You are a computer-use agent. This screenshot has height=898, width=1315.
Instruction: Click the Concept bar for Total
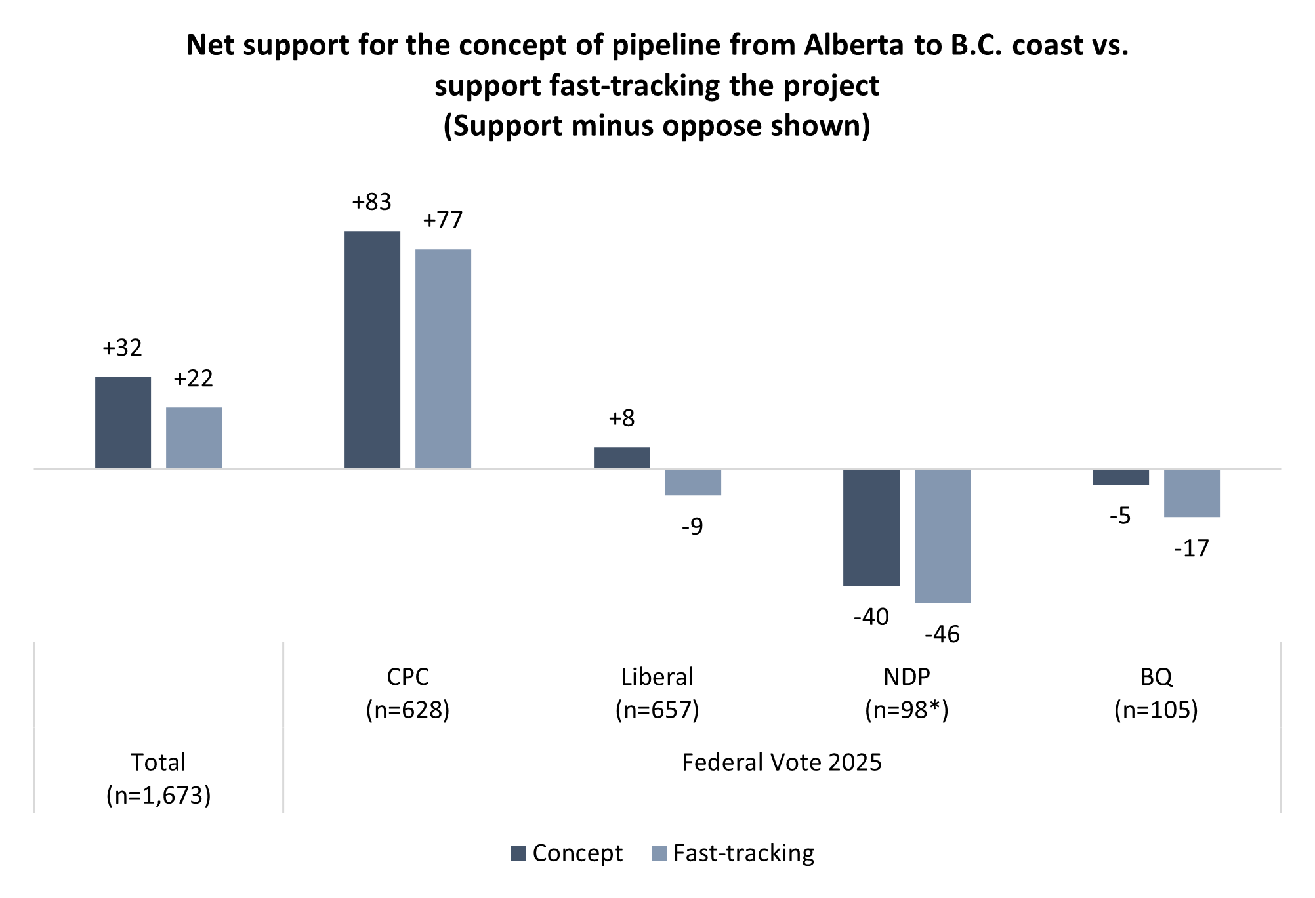coord(123,422)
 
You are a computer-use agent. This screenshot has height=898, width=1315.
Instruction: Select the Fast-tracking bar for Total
coord(194,438)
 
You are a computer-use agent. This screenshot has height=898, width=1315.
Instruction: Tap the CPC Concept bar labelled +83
coord(372,350)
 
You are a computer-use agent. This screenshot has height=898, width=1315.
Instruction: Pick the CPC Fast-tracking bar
coord(443,359)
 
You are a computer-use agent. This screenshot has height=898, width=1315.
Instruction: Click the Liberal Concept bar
coord(621,458)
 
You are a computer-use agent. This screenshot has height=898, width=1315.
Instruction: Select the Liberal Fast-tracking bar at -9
coord(692,482)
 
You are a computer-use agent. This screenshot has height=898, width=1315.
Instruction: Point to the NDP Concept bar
coord(871,527)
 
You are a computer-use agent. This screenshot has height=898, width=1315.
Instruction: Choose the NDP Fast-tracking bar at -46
coord(942,536)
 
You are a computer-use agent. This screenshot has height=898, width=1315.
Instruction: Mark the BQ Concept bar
coord(1120,477)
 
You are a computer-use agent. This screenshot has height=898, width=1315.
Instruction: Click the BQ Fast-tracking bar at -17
coord(1192,493)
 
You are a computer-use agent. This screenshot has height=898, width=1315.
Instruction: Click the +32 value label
coord(122,348)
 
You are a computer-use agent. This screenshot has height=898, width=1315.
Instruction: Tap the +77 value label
coord(443,220)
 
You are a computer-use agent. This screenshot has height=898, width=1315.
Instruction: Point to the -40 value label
coord(871,617)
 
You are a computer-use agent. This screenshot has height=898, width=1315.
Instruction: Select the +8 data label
coord(621,418)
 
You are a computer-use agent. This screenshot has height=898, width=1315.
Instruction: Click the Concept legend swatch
coord(518,853)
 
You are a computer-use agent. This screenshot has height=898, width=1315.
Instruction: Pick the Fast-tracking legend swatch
coord(659,853)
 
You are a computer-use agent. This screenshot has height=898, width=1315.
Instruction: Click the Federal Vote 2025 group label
coord(782,762)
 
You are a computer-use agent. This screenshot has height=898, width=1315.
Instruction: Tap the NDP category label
coord(906,676)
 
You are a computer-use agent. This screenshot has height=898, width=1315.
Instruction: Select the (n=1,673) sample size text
coord(158,795)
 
